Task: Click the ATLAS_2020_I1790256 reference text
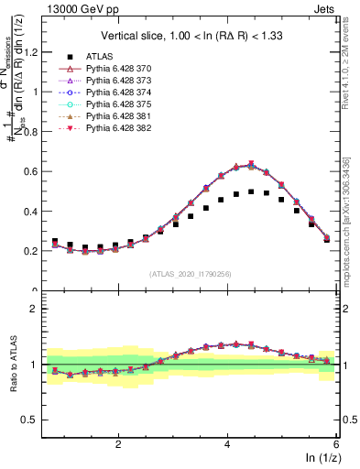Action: tap(190, 273)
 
